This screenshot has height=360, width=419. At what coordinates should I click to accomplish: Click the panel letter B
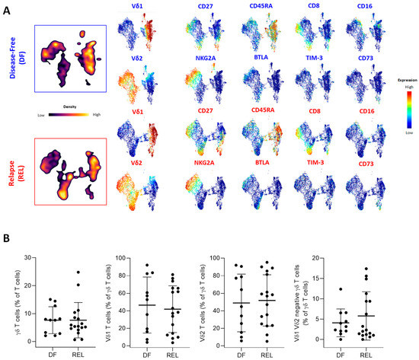(8, 237)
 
